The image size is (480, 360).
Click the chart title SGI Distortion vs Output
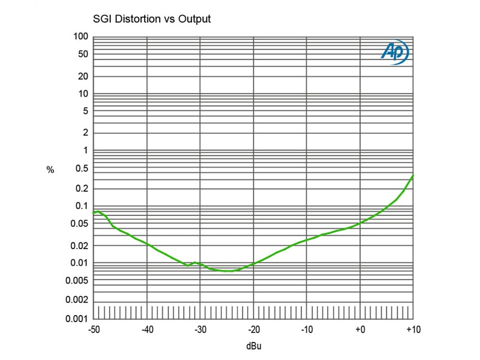[x=151, y=19]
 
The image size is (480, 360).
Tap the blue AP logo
[x=395, y=53]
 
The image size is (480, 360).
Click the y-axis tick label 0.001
[x=79, y=319]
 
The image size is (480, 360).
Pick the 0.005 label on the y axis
[x=79, y=280]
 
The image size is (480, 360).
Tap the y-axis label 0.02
[x=81, y=246]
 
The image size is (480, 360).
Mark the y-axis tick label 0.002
[x=79, y=299]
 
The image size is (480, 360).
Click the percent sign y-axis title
[x=50, y=170]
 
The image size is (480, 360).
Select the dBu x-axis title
[x=253, y=346]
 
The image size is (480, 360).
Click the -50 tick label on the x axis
[x=94, y=329]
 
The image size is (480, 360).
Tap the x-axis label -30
[x=200, y=329]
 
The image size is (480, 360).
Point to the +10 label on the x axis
[x=413, y=329]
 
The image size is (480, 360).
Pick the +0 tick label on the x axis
[x=360, y=329]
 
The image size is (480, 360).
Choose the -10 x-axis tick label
[x=307, y=329]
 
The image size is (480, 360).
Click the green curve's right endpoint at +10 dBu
[x=413, y=175]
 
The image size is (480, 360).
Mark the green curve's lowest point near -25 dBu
[x=229, y=271]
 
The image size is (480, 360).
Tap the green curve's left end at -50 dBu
[x=94, y=212]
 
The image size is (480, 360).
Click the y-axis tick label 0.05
[x=81, y=224]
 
